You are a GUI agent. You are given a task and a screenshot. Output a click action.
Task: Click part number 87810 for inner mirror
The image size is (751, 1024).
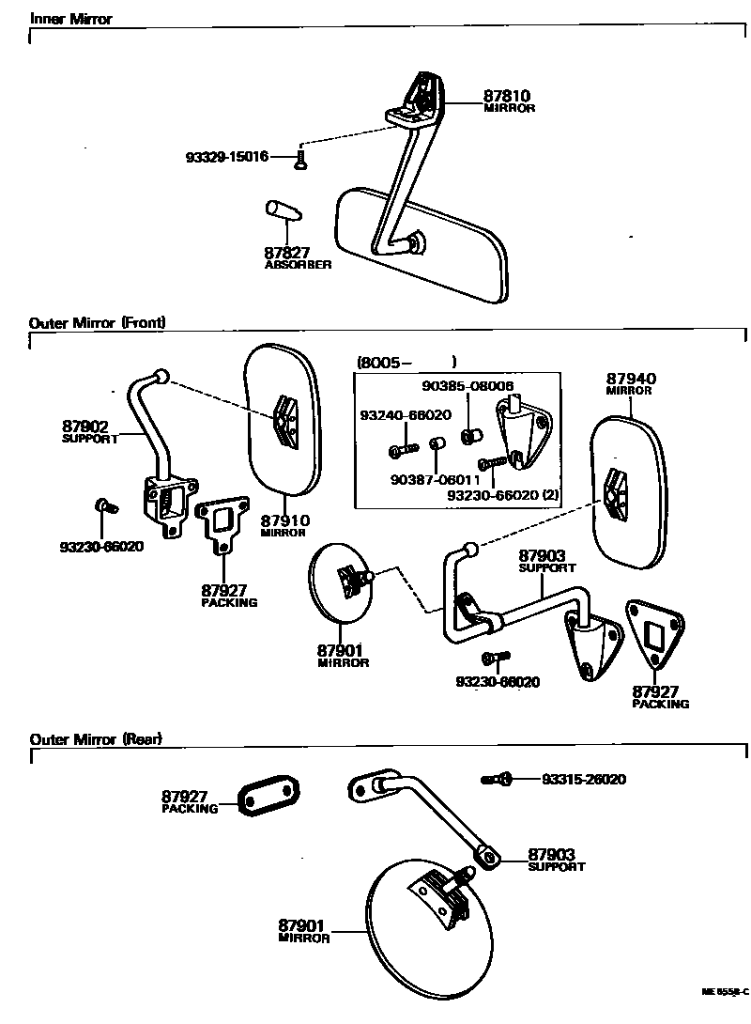pos(507,96)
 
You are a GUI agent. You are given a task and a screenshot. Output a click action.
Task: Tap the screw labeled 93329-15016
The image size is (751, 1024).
pos(299,161)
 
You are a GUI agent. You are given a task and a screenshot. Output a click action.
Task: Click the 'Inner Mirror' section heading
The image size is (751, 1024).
pos(70,19)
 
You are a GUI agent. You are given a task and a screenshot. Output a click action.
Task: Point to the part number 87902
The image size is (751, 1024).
pos(85,427)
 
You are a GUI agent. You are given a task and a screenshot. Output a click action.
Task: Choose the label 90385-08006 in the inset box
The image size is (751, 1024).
pos(467,385)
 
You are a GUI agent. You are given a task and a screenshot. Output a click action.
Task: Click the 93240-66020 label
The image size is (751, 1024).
pos(405,414)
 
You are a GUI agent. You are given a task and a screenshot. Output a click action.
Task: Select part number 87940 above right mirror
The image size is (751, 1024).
pos(631,379)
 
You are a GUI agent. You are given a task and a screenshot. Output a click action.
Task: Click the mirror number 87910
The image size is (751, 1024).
pos(285,520)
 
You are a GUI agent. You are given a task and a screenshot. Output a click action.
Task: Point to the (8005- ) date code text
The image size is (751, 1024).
pos(406,362)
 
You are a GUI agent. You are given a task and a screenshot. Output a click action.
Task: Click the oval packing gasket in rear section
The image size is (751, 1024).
pos(267,795)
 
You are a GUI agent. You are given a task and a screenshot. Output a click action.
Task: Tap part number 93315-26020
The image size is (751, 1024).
pos(584,779)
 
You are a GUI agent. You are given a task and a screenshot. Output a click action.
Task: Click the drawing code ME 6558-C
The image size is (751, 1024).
pos(725,991)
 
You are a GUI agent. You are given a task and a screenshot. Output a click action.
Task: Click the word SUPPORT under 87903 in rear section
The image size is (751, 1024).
pos(556,867)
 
